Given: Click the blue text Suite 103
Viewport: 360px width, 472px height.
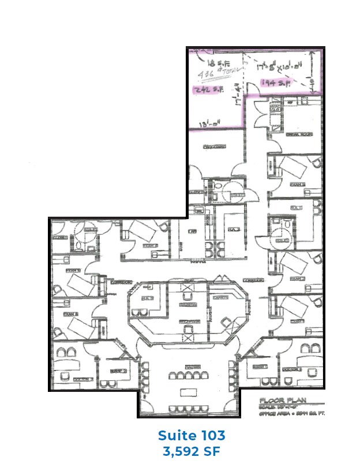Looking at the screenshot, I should (191, 435).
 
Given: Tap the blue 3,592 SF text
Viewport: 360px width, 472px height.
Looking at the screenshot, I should (191, 451).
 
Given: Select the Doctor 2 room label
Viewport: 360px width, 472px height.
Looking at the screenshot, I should (68, 378).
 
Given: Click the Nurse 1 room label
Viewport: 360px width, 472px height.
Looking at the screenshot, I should (261, 367).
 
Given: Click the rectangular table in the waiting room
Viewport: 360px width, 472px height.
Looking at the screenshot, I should (188, 392).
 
